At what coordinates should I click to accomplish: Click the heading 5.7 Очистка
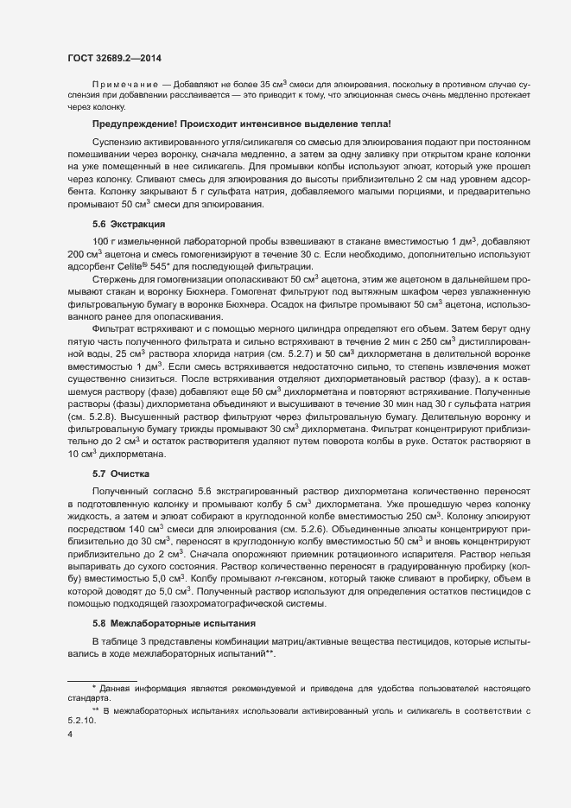121,474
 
